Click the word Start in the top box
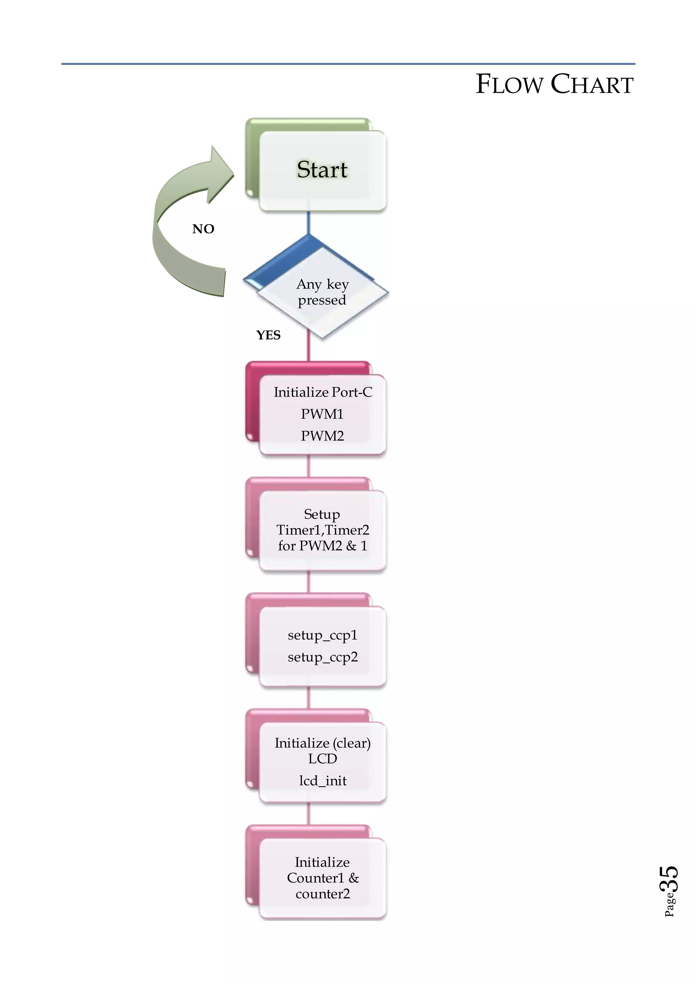click(322, 169)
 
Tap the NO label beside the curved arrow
click(203, 229)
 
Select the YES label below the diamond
click(268, 335)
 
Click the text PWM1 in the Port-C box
click(322, 414)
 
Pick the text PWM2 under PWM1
click(322, 436)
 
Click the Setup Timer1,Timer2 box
click(322, 530)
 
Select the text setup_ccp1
click(322, 635)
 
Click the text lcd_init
click(322, 780)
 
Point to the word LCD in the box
click(322, 759)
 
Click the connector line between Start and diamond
click(308, 223)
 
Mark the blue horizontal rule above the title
click(348, 64)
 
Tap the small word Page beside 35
click(669, 905)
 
